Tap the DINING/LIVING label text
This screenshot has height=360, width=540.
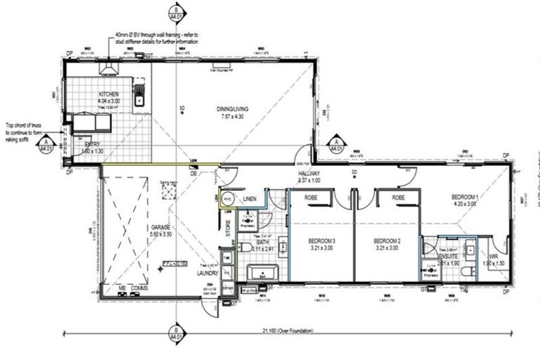pyautogui.click(x=232, y=109)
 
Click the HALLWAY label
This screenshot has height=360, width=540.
pyautogui.click(x=309, y=173)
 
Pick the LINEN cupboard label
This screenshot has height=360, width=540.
pyautogui.click(x=250, y=200)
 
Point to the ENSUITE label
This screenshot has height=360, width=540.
pyautogui.click(x=448, y=256)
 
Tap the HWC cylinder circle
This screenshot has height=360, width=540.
pyautogui.click(x=227, y=200)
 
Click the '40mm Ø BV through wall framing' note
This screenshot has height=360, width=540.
pyautogui.click(x=158, y=38)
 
